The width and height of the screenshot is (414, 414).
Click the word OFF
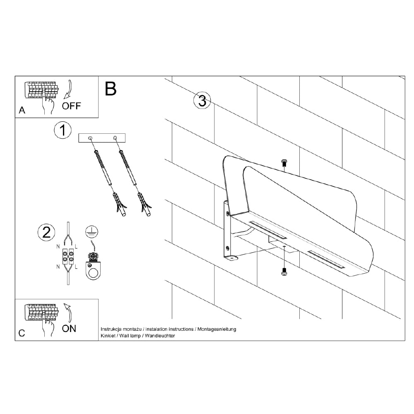point(71,106)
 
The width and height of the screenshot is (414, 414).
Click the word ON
point(69,328)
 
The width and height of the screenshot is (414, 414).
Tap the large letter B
point(111,89)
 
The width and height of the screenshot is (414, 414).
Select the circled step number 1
point(63,130)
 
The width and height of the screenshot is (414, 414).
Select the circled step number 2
point(46,232)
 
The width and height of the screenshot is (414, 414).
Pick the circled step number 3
point(202,101)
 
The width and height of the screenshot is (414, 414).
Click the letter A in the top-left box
point(22,110)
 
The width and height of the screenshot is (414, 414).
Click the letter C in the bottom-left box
point(22,333)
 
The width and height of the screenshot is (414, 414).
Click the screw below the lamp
point(284,272)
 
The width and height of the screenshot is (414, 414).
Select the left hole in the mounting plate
point(90,138)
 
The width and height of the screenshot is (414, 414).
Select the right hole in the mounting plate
point(115,137)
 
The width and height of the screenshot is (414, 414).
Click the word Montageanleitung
point(217,329)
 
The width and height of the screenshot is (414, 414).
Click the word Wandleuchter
point(160,336)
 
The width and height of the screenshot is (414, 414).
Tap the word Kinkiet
point(108,336)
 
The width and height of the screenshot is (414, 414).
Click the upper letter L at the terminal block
point(76,247)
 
